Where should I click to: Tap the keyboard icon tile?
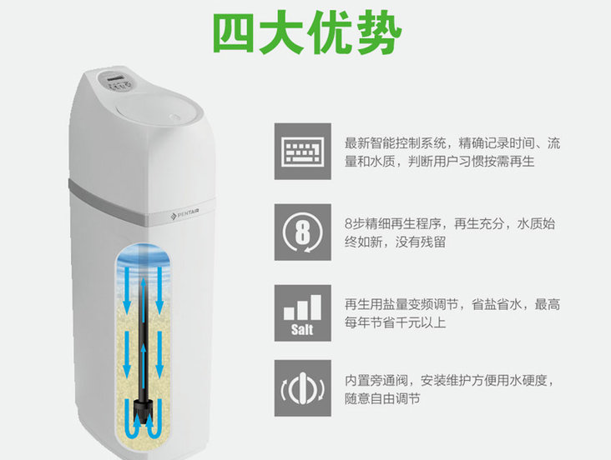[x=303, y=152]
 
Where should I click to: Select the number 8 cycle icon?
[x=303, y=232]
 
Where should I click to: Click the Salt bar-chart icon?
[x=303, y=312]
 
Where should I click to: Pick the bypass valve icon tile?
[x=303, y=388]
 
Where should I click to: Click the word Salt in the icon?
[x=302, y=330]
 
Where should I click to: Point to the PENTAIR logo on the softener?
[x=184, y=214]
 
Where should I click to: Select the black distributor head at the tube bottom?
[x=143, y=407]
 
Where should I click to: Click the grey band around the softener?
[x=140, y=202]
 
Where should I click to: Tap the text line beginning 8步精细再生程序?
[x=450, y=224]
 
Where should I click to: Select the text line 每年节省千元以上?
[x=395, y=322]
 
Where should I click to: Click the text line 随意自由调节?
[x=382, y=398]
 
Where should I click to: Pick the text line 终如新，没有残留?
[x=395, y=242]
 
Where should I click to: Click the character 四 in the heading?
[x=233, y=33]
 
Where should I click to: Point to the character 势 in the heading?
[x=380, y=33]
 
